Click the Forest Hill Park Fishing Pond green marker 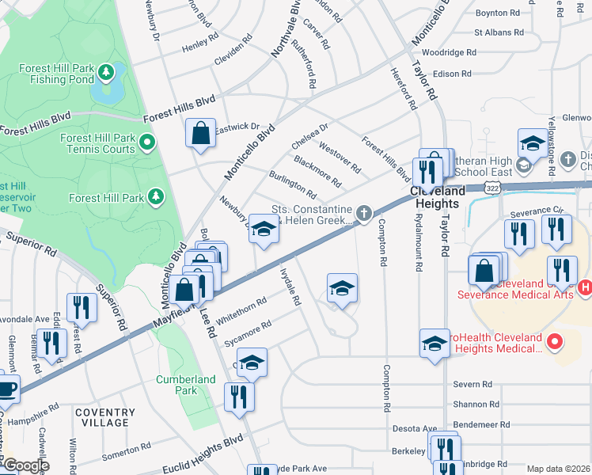click(x=105, y=74)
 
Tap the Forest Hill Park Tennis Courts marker click(x=146, y=143)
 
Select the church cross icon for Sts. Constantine click(x=363, y=212)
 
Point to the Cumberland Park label click(x=186, y=385)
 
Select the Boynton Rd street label click(x=498, y=13)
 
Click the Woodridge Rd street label click(x=449, y=53)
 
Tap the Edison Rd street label click(x=453, y=74)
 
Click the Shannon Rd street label click(x=476, y=405)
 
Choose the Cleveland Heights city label click(x=438, y=197)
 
